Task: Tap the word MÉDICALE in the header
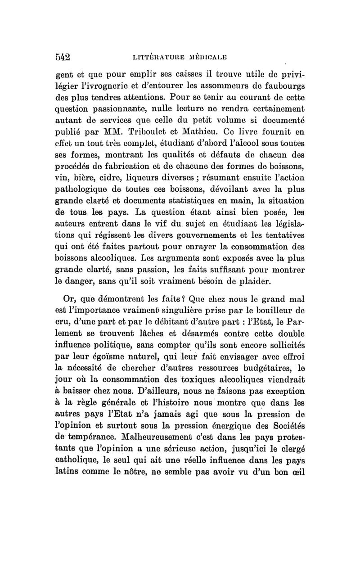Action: click(x=231, y=59)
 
